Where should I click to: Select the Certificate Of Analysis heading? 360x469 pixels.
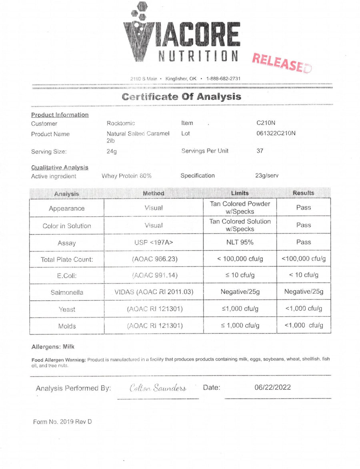point(181,97)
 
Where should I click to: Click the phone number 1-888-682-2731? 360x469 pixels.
point(223,79)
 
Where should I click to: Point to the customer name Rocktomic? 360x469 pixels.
point(121,124)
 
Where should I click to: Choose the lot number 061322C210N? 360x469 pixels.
point(276,134)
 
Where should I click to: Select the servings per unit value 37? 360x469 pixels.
point(260,151)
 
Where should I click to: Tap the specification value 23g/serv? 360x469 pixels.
point(266,176)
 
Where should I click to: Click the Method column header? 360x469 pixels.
point(154,194)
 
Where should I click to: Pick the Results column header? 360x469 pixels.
point(303,193)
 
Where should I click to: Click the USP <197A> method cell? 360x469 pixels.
point(154,242)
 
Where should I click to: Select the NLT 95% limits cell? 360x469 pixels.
point(240,242)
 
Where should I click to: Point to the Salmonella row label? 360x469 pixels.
point(67,293)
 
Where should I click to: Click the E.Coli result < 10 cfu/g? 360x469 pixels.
point(304,275)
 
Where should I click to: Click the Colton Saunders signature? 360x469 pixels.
point(158,388)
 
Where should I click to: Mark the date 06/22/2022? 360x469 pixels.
point(272,387)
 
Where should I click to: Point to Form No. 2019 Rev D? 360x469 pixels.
point(62,421)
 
